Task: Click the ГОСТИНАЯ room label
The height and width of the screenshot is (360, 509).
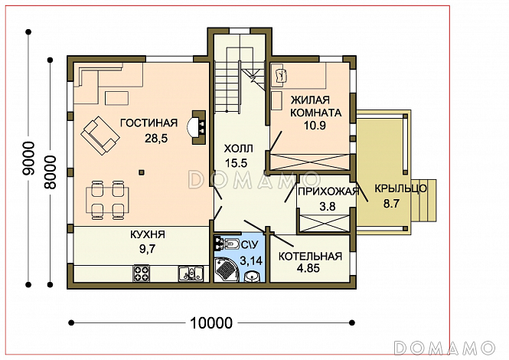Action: tap(149, 123)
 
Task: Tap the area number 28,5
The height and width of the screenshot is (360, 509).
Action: tap(156, 139)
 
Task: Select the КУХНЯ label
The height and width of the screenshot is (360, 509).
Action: tap(148, 234)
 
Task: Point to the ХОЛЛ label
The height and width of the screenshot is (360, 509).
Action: tap(238, 149)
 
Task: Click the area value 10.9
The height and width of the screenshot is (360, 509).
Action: tap(315, 126)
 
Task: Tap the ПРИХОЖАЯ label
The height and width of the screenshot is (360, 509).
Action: tap(328, 191)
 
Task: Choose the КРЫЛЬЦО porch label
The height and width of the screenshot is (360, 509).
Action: tap(400, 188)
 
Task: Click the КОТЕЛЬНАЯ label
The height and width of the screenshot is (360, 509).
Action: tap(310, 257)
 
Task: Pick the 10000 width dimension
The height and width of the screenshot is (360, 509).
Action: tap(211, 323)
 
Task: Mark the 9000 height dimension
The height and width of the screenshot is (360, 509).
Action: tap(29, 159)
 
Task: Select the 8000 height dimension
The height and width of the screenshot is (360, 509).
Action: tap(51, 172)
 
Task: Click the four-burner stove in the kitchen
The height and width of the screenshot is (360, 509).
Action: tap(142, 273)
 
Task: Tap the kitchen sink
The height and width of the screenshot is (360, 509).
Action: tap(191, 273)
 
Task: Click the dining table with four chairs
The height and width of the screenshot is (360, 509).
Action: tap(107, 200)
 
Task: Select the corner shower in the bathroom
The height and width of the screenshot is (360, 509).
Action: tap(227, 270)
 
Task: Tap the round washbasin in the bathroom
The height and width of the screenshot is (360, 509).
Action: tap(252, 277)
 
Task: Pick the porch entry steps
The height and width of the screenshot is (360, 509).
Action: tap(423, 200)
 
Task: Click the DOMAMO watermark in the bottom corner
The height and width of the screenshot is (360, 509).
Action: tap(445, 348)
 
